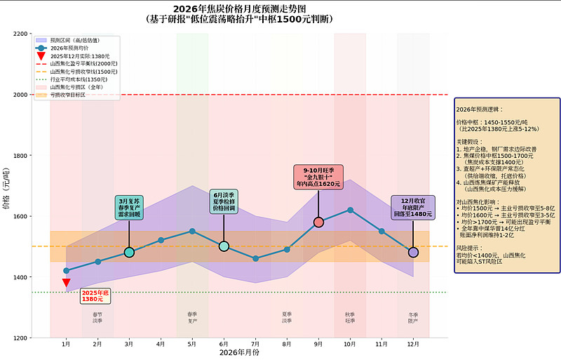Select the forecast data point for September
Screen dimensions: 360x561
(318, 222)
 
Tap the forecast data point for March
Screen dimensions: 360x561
(129, 252)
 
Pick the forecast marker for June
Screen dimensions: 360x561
(224, 246)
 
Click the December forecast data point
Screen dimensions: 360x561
(413, 252)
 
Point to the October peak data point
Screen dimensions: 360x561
(350, 210)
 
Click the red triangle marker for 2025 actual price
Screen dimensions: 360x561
(66, 283)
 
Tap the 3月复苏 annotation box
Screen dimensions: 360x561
(129, 208)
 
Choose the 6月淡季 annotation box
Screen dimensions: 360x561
(224, 201)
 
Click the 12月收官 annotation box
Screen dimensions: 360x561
(412, 208)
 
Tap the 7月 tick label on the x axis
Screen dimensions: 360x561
(255, 345)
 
